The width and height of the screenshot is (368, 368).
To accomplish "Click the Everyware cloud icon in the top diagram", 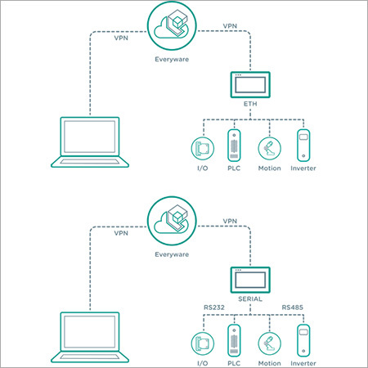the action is pyautogui.click(x=172, y=25).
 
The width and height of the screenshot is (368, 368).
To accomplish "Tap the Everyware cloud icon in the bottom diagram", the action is pyautogui.click(x=172, y=221).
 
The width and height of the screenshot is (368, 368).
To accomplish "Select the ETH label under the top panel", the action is pyautogui.click(x=250, y=104).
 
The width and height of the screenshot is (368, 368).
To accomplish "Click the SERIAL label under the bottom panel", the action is pyautogui.click(x=250, y=299).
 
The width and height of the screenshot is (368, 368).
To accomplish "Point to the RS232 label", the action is pyautogui.click(x=214, y=307).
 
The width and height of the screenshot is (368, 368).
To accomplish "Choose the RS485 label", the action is pyautogui.click(x=293, y=307).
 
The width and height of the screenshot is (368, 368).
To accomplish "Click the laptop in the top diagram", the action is pyautogui.click(x=90, y=142).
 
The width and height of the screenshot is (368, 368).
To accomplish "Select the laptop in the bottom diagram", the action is pyautogui.click(x=90, y=337).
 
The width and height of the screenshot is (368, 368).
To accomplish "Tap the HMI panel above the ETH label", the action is pyautogui.click(x=250, y=85).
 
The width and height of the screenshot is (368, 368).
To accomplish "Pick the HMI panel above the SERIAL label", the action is pyautogui.click(x=250, y=280).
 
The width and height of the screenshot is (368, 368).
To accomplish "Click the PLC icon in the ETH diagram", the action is pyautogui.click(x=234, y=146).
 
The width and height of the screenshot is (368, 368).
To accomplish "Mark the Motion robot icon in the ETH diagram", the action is pyautogui.click(x=269, y=148).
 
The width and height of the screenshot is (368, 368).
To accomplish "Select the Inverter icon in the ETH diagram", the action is pyautogui.click(x=303, y=146).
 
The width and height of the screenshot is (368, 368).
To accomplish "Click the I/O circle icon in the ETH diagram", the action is pyautogui.click(x=203, y=148).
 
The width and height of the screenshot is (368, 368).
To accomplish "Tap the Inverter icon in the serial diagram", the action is pyautogui.click(x=303, y=341).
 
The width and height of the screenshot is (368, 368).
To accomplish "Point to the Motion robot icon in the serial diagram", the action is pyautogui.click(x=269, y=343).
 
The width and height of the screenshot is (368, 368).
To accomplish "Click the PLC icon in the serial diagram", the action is pyautogui.click(x=234, y=341).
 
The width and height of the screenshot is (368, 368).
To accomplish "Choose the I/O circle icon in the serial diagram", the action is pyautogui.click(x=203, y=343).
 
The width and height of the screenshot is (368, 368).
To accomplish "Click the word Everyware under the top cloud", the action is pyautogui.click(x=172, y=60).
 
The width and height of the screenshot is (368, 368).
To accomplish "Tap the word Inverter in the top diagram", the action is pyautogui.click(x=303, y=168).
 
